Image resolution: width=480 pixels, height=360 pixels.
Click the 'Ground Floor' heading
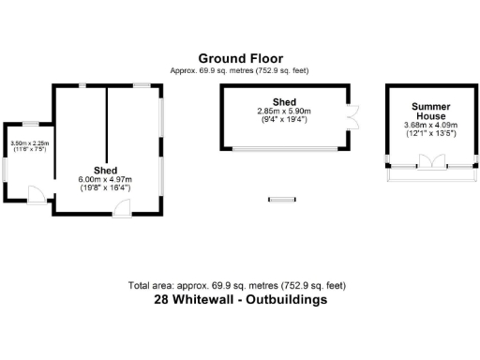tap(239, 58)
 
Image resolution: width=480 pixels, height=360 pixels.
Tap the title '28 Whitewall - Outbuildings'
tap(240, 301)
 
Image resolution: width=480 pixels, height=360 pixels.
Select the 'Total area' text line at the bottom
tap(240, 285)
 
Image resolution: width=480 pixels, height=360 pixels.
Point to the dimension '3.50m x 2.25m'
tap(29, 143)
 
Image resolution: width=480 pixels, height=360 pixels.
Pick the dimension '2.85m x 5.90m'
tap(284, 111)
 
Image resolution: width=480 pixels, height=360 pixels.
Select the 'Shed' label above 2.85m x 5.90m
tap(284, 101)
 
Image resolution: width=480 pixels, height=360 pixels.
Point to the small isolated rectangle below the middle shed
tap(281, 198)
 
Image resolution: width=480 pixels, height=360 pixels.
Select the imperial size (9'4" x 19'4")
tap(284, 119)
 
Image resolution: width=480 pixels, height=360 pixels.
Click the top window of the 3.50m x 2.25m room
tap(30, 124)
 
